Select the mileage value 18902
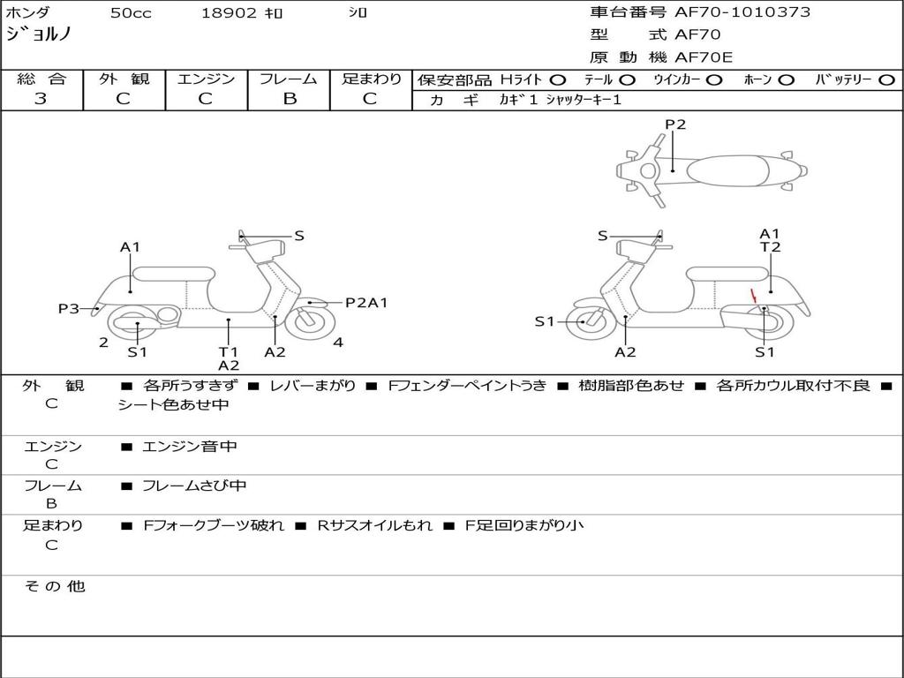point(229,13)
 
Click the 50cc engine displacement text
point(131,13)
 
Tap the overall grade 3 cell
point(41,99)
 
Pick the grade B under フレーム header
point(289,99)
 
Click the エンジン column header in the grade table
point(206,79)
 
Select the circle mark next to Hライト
point(559,79)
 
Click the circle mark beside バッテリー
point(886,79)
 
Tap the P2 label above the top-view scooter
point(675,124)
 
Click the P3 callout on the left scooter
point(69,308)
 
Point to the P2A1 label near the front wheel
point(366,303)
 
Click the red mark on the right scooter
point(753,296)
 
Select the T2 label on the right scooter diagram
point(771,247)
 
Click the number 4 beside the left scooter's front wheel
point(338,343)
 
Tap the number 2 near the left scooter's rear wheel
point(103,343)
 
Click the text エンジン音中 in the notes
point(190,447)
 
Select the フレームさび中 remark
point(194,486)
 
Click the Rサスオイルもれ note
point(375,525)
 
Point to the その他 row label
point(54,586)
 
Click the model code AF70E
point(704,57)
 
